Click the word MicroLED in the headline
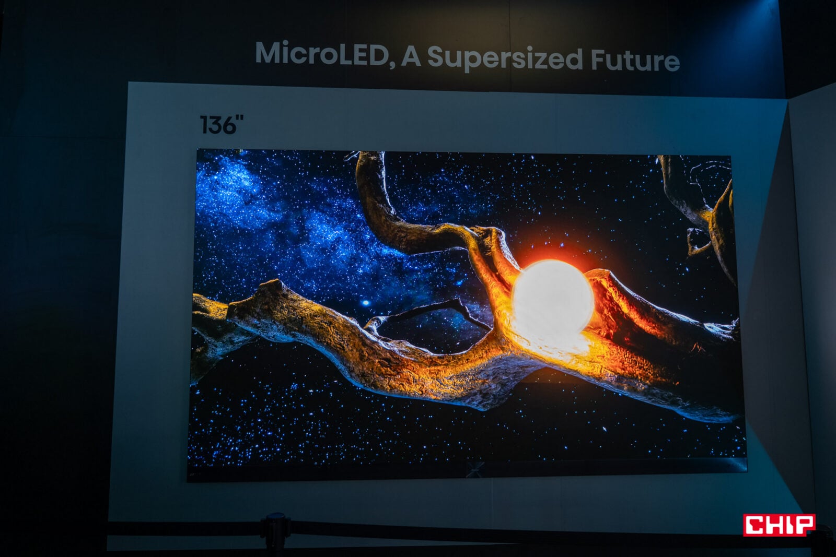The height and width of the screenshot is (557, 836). point(322,54)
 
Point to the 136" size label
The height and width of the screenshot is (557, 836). point(222,124)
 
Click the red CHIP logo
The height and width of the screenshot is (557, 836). point(779,525)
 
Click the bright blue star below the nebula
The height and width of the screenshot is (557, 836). point(366,303)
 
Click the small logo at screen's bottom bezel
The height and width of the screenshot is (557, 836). point(475,470)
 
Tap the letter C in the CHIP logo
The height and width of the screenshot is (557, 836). point(756,525)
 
